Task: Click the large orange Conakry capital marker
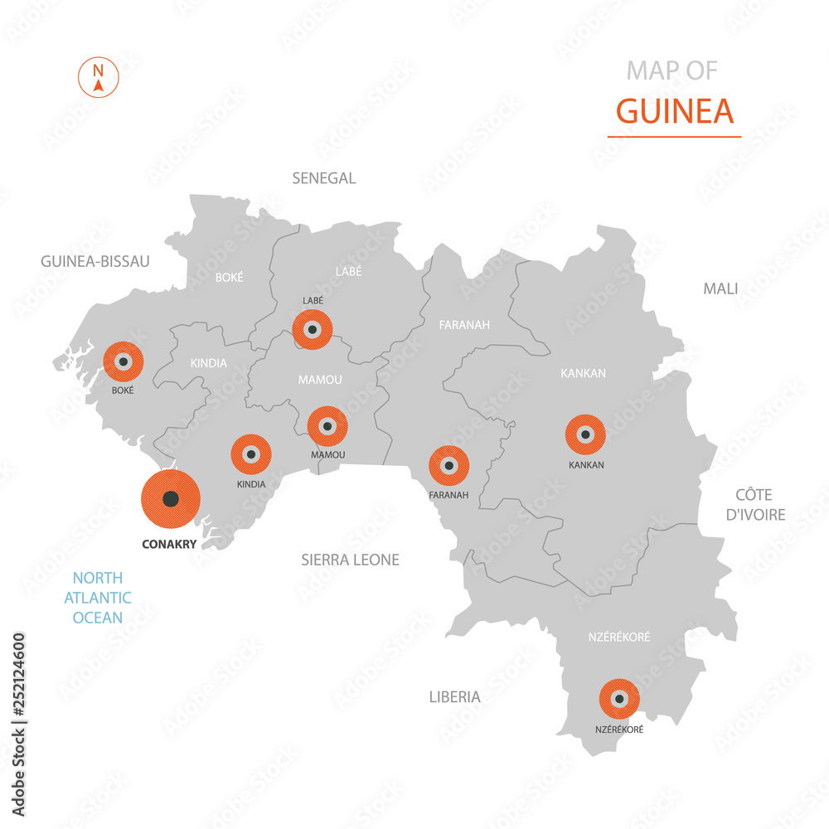(x=171, y=499)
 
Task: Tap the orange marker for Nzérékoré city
(x=619, y=699)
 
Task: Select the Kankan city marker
(x=585, y=434)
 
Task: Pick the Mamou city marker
(x=327, y=426)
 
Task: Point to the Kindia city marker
(x=250, y=454)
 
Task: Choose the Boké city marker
(x=124, y=361)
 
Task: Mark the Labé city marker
(x=313, y=329)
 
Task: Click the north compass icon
(x=99, y=77)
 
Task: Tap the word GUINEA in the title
(x=675, y=110)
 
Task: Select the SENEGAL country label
(x=323, y=178)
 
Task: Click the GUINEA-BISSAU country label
(x=95, y=261)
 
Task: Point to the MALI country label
(x=720, y=288)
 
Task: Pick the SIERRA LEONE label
(x=350, y=560)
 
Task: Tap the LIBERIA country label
(x=454, y=697)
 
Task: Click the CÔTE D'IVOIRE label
(x=754, y=505)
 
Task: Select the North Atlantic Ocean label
(x=98, y=598)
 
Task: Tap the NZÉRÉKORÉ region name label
(x=619, y=637)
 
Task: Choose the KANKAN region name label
(x=583, y=374)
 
